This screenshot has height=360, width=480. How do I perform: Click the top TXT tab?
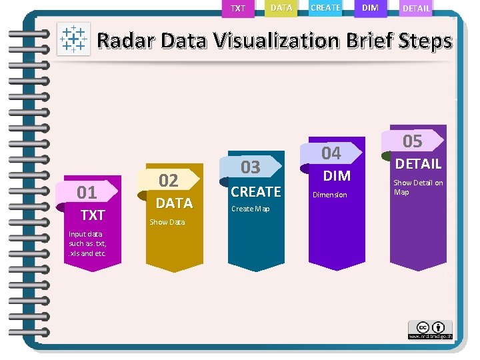click(238, 9)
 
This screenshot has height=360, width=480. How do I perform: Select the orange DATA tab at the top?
click(281, 8)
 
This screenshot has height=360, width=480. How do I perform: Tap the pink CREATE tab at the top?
click(326, 8)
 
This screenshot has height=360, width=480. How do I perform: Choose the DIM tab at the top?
click(370, 8)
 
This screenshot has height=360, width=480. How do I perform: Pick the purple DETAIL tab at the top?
click(416, 9)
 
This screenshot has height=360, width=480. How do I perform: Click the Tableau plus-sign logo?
click(73, 39)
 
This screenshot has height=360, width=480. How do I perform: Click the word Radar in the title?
click(126, 41)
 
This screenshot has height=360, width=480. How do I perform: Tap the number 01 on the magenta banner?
click(87, 193)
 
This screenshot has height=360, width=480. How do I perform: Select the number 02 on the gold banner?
click(168, 180)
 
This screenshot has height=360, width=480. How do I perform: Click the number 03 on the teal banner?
click(250, 166)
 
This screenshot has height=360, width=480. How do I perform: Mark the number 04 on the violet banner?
click(331, 153)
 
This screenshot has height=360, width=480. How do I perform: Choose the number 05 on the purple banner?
click(413, 141)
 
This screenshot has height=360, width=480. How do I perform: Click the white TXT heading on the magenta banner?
click(93, 215)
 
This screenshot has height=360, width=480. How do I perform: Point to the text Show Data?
click(167, 222)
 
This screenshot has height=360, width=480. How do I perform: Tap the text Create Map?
click(250, 209)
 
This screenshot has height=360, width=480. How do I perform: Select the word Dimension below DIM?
click(330, 195)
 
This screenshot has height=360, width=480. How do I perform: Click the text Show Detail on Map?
click(418, 187)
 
